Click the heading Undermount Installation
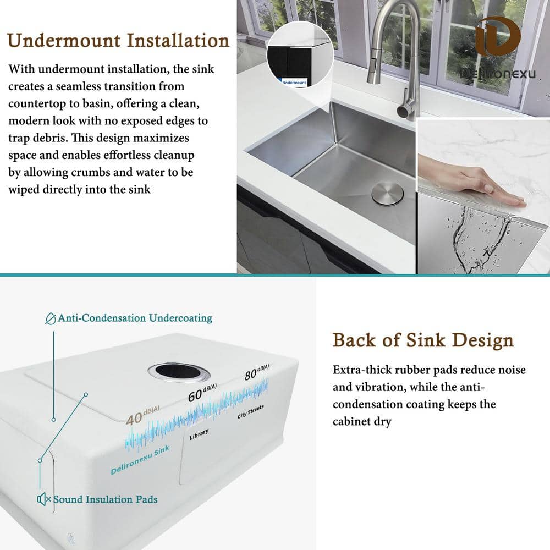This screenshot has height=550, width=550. click(118, 41)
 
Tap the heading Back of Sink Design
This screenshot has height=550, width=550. click(423, 340)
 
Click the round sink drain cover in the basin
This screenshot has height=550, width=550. click(387, 194)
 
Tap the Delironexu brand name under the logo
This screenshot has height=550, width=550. click(498, 74)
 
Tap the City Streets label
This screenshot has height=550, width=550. click(251, 411)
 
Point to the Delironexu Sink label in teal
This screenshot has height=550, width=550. click(140, 460)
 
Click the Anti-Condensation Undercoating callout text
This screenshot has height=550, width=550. click(135, 318)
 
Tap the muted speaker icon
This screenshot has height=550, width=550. click(44, 499)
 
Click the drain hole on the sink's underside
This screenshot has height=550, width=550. click(179, 372)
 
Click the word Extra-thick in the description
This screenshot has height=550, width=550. click(360, 370)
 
